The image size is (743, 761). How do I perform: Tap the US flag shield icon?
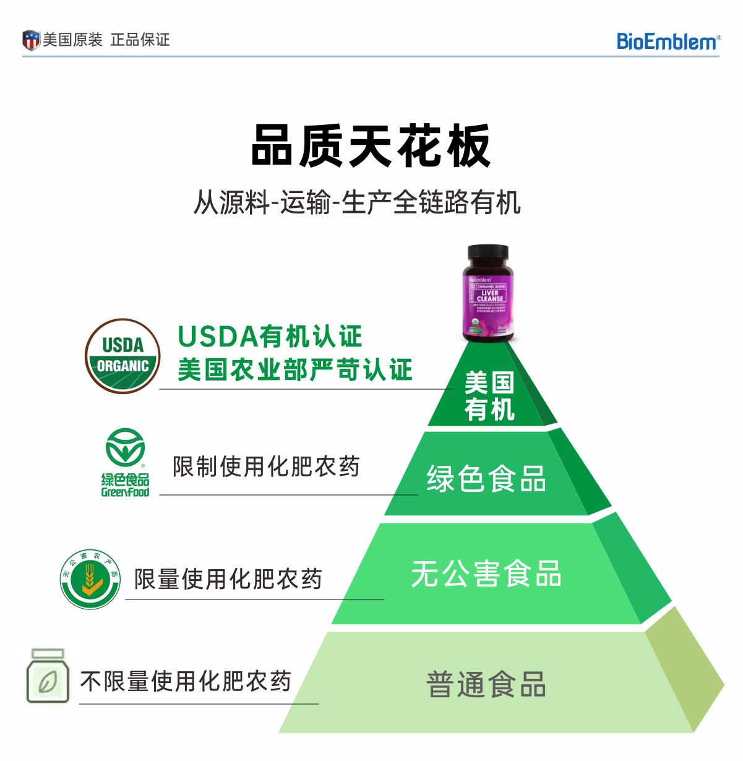click(31, 40)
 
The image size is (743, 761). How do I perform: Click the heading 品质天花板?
click(371, 146)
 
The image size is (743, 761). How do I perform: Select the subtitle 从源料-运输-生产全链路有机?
click(357, 202)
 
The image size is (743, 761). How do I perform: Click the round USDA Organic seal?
click(122, 356)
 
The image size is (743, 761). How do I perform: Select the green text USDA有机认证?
click(270, 337)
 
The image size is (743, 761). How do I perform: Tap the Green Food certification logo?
click(125, 465)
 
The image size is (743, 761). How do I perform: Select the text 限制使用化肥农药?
click(266, 466)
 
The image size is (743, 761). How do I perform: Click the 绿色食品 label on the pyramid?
click(486, 478)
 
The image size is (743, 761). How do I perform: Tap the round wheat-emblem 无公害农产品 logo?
click(90, 579)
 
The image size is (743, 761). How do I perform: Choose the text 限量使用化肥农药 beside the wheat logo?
click(228, 579)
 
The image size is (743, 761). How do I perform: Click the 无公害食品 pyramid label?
click(486, 573)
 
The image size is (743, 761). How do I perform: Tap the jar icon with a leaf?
click(46, 677)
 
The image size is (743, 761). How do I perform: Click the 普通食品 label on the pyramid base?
click(486, 684)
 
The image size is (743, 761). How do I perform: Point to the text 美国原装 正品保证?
click(106, 40)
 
